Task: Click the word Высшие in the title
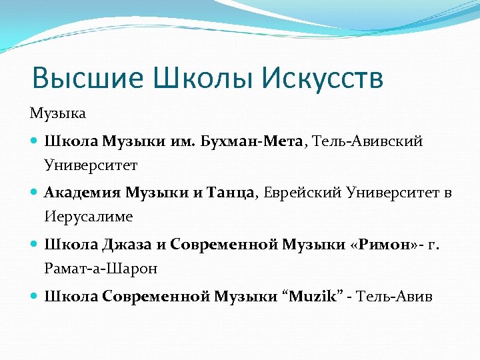pyautogui.click(x=88, y=79)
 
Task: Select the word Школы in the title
pyautogui.click(x=203, y=79)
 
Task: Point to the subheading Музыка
pyautogui.click(x=58, y=114)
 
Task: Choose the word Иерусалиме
pyautogui.click(x=89, y=217)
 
